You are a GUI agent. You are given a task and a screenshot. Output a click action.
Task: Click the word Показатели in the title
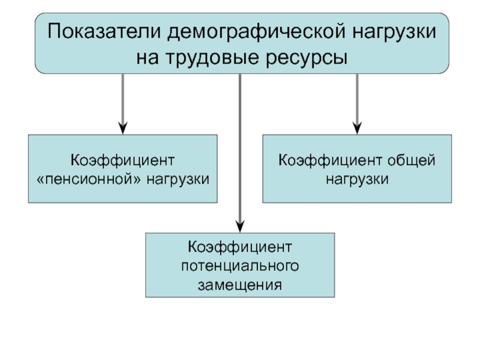(x=104, y=31)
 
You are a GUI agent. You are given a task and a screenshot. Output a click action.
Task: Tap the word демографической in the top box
(x=257, y=32)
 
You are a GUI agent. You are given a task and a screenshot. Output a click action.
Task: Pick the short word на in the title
(x=148, y=58)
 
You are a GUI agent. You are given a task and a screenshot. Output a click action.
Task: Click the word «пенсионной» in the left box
(x=89, y=179)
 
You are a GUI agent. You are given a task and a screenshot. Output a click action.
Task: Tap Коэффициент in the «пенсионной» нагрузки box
(x=122, y=160)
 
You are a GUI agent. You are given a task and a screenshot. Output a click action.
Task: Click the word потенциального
(x=240, y=266)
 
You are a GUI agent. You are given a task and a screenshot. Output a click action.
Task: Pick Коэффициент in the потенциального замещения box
(x=240, y=247)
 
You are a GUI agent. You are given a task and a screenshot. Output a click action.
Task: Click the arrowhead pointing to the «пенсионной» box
(x=123, y=128)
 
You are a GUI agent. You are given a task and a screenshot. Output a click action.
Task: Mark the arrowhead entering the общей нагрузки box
(x=357, y=128)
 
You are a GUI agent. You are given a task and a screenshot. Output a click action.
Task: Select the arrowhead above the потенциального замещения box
(x=241, y=226)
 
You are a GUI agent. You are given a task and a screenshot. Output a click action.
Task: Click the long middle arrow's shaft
(x=240, y=147)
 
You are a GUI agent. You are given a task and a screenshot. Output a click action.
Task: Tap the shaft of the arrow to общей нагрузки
(x=357, y=98)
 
